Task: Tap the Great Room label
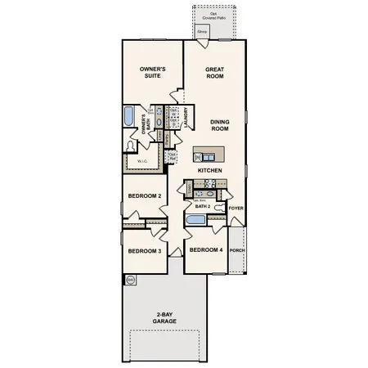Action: (214, 73)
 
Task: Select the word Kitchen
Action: (210, 169)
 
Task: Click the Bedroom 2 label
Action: (144, 196)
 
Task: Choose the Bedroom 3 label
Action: (144, 251)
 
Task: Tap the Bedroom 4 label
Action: (204, 249)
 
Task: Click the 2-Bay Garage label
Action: (164, 319)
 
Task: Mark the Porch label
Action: (236, 250)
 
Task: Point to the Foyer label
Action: (236, 208)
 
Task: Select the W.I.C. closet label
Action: (141, 161)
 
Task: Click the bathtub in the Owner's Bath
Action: (129, 116)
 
